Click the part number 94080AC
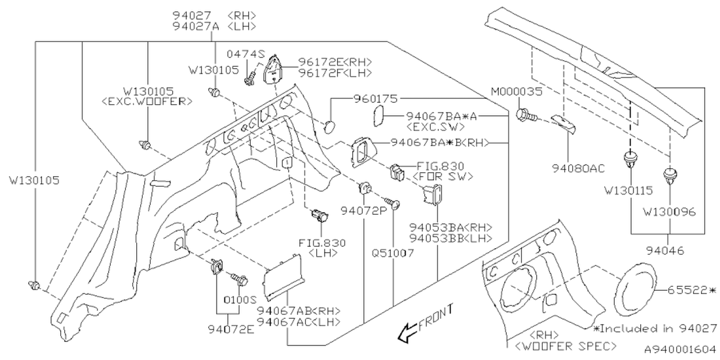pyautogui.click(x=570, y=168)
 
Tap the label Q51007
pyautogui.click(x=393, y=253)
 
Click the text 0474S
pyautogui.click(x=246, y=54)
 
